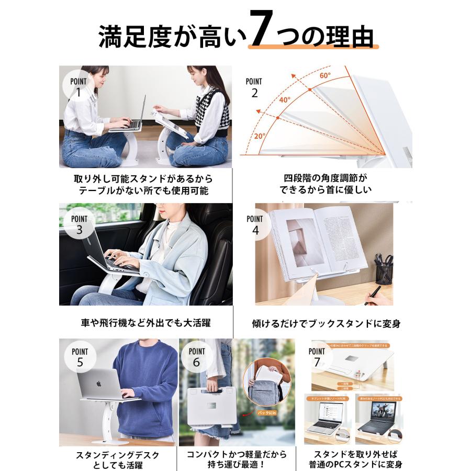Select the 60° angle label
(325, 75)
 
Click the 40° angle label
(284, 99)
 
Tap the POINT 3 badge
(79, 224)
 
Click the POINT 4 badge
(255, 224)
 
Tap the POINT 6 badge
(197, 357)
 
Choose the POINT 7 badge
(317, 357)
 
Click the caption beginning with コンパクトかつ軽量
(235, 459)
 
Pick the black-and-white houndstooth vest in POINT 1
(215, 113)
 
